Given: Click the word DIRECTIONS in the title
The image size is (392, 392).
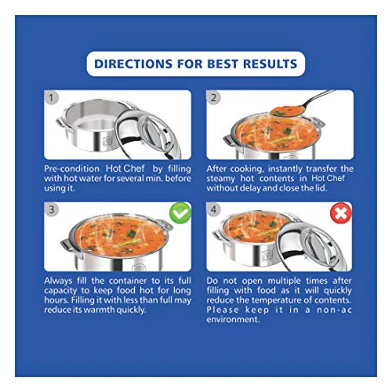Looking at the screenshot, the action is click(x=133, y=64).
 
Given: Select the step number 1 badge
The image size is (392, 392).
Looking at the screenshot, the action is click(x=51, y=98).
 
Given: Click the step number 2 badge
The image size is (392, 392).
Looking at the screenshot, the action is click(x=213, y=98).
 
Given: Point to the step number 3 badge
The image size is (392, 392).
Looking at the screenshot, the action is click(x=51, y=209).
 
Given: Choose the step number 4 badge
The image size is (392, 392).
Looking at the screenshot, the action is click(x=213, y=209).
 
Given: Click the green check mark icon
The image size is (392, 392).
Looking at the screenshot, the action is click(x=180, y=213).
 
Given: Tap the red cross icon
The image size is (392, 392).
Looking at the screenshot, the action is click(x=341, y=214).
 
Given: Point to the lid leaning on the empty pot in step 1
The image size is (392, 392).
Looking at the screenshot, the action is click(x=148, y=136).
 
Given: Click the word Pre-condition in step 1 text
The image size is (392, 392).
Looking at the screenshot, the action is click(x=71, y=169).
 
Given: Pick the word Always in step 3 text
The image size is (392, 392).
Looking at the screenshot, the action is click(x=58, y=281).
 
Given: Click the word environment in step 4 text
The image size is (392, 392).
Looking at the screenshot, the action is click(x=233, y=320).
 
